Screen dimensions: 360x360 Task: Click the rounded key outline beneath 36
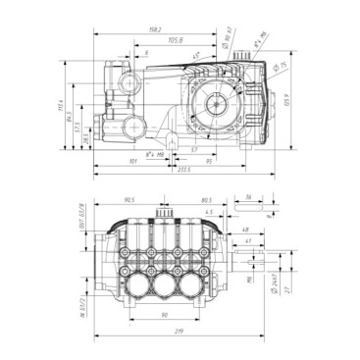click(249, 208)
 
